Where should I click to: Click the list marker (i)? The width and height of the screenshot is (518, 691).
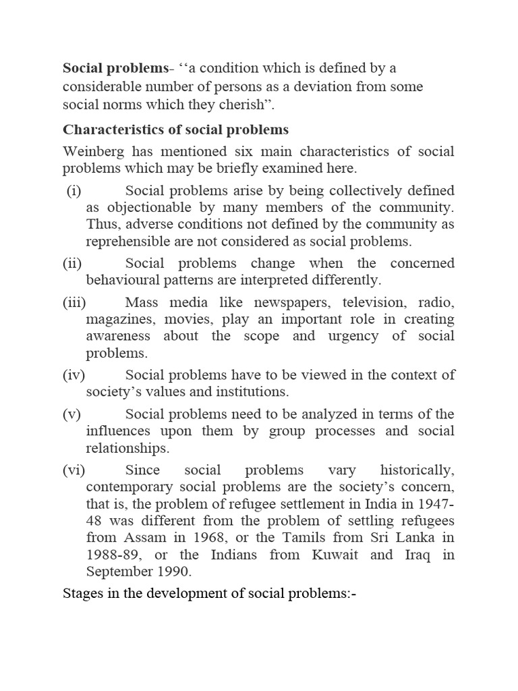(x=74, y=191)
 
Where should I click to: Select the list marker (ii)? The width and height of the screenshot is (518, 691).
(x=72, y=262)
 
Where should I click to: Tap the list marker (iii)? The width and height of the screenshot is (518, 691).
(x=74, y=302)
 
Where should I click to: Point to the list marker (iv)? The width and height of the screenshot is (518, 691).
(x=74, y=375)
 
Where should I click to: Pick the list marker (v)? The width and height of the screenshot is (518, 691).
(x=71, y=414)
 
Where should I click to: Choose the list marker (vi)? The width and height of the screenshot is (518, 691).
(x=74, y=470)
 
